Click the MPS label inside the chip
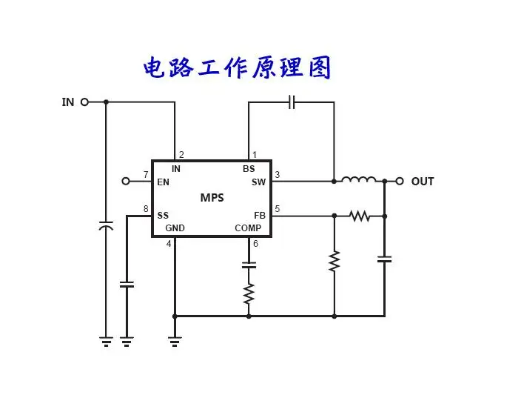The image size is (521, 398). click(x=212, y=198)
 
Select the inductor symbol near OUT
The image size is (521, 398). click(x=359, y=179)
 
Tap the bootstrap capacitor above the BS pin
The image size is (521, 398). click(x=292, y=102)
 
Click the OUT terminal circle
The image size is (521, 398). click(x=400, y=181)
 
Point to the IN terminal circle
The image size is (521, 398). click(x=84, y=102)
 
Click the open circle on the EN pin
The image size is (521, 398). click(x=126, y=181)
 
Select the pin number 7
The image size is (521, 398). click(x=146, y=174)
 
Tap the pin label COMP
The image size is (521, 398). click(x=248, y=228)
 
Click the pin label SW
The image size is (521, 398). click(x=258, y=182)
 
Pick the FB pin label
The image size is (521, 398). click(x=260, y=216)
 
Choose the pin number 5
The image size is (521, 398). click(x=277, y=209)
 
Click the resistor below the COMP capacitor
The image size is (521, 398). click(x=249, y=293)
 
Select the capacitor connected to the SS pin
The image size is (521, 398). click(x=127, y=285)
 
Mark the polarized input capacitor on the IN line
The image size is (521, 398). click(x=106, y=225)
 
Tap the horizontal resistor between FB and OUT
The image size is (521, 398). click(x=360, y=216)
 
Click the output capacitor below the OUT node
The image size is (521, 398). click(x=384, y=259)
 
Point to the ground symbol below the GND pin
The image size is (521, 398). click(x=175, y=342)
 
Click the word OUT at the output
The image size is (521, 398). click(x=423, y=182)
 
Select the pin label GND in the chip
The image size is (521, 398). click(x=175, y=228)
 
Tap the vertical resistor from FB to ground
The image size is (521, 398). click(x=335, y=261)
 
